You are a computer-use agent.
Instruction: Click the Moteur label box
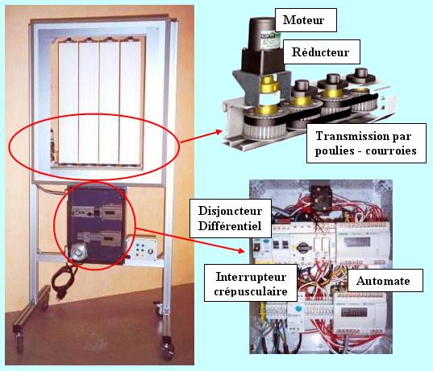point(306,20)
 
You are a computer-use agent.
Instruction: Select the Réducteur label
point(320,52)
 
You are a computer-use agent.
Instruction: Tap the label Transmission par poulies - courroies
point(366,143)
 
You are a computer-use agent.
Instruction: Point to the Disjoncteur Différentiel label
point(230,218)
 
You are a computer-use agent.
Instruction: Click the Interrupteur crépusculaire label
point(251,283)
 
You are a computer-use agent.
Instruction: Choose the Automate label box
point(385,281)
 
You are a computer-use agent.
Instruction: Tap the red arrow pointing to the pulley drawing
point(201,137)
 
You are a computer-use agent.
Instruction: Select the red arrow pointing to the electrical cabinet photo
point(190,240)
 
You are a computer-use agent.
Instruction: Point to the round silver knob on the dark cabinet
point(78,252)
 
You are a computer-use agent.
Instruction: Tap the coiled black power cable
point(63,280)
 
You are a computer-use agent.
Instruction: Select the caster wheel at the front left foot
point(19,341)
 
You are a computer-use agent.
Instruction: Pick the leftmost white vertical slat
point(69,102)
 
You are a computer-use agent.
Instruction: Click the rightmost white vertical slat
point(131,102)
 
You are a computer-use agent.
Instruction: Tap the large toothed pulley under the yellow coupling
point(264,126)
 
